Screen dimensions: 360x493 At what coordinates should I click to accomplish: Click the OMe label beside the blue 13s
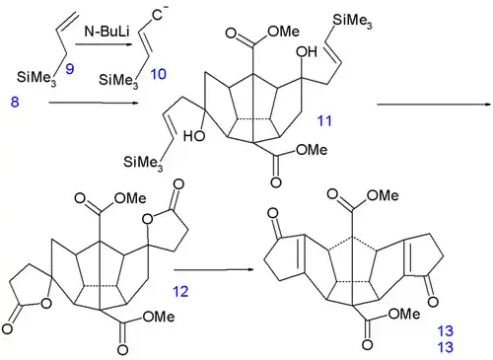coord(401,315)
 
